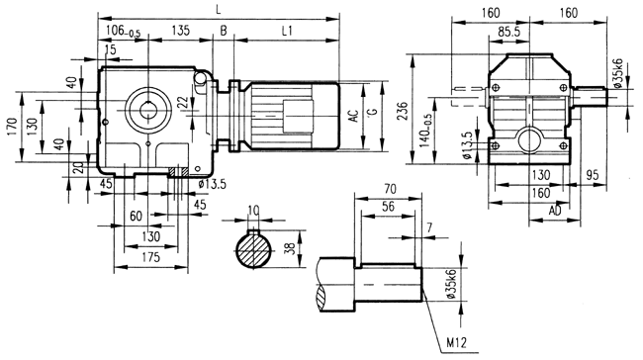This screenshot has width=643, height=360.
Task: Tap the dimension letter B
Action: (224, 32)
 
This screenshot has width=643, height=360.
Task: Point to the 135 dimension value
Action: (181, 32)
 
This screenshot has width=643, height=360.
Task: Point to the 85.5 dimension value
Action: (510, 33)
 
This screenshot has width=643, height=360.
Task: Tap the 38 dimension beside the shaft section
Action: (289, 250)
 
